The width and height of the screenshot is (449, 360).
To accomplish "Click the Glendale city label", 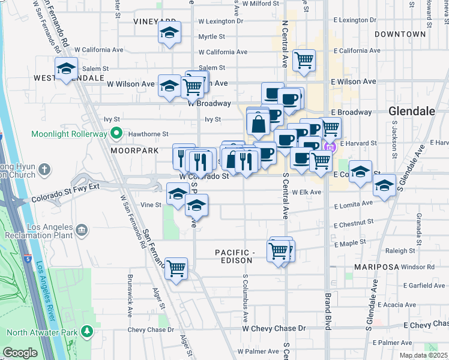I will coord(411,111).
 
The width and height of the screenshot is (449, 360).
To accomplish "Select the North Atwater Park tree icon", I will coord(87,331).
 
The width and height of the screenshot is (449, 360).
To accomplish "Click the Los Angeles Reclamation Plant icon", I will coord(82,229).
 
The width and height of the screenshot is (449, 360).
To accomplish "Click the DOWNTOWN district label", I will coord(400,34).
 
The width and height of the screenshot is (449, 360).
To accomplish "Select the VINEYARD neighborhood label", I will coord(154,21).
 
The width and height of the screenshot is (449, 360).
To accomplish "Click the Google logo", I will coord(20,353).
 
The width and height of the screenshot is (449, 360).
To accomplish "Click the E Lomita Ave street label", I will coord(353,205).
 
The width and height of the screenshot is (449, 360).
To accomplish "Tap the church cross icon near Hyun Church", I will coord(44,170).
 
